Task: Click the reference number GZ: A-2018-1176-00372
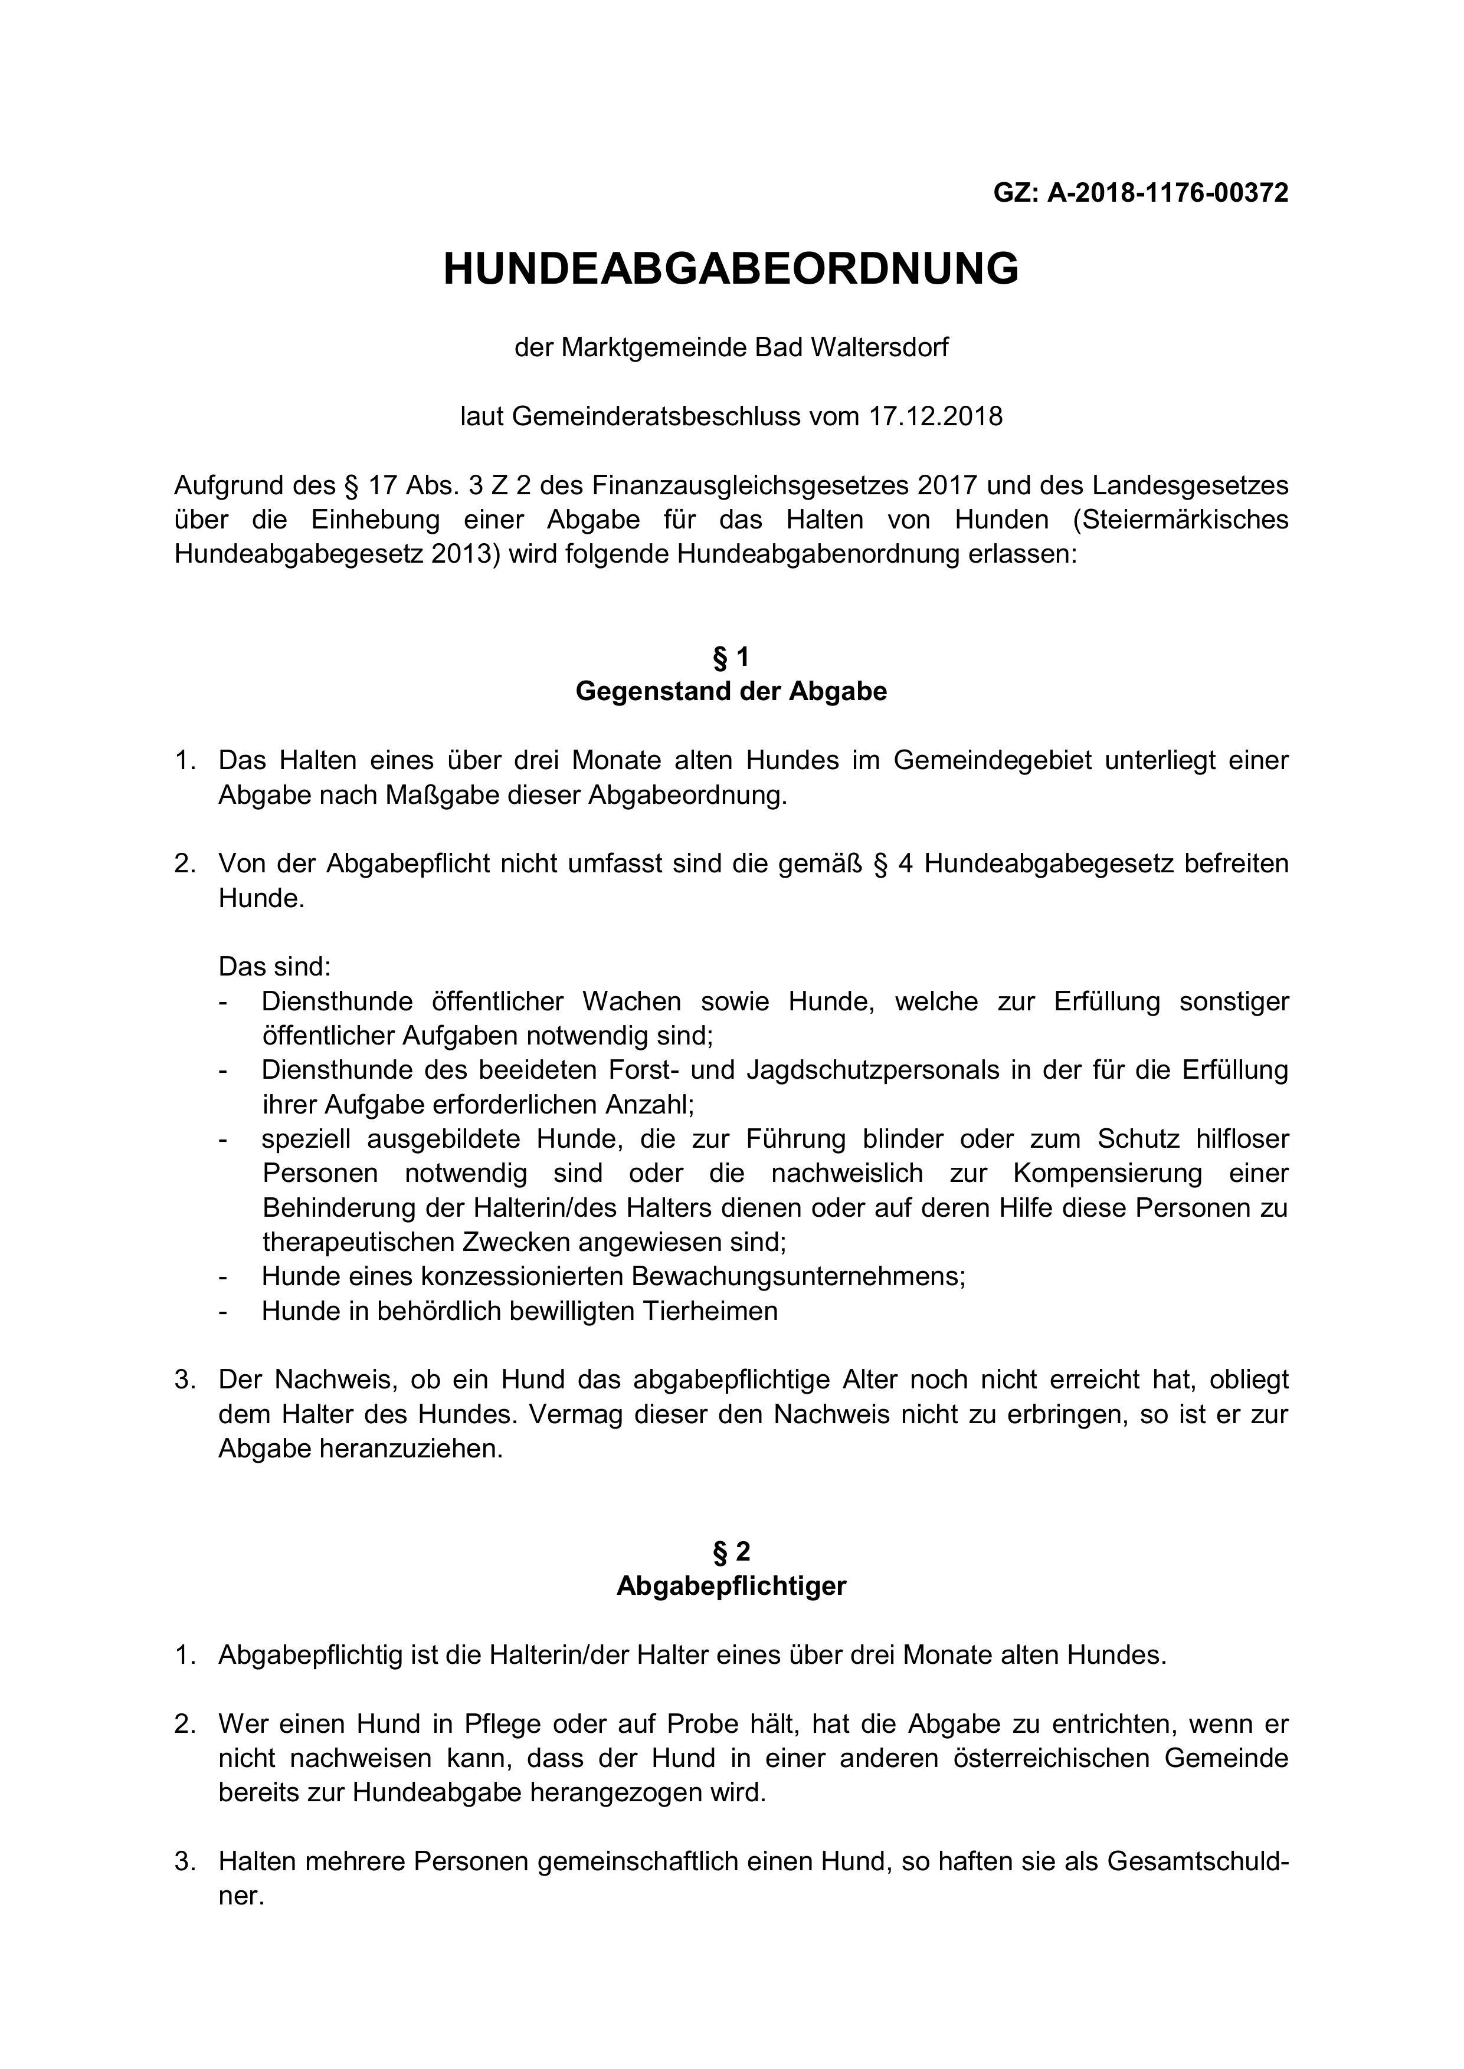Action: [1141, 193]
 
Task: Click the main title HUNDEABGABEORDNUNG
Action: [731, 270]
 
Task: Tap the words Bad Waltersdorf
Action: [851, 348]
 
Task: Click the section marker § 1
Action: [731, 658]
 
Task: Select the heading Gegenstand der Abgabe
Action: [731, 692]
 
